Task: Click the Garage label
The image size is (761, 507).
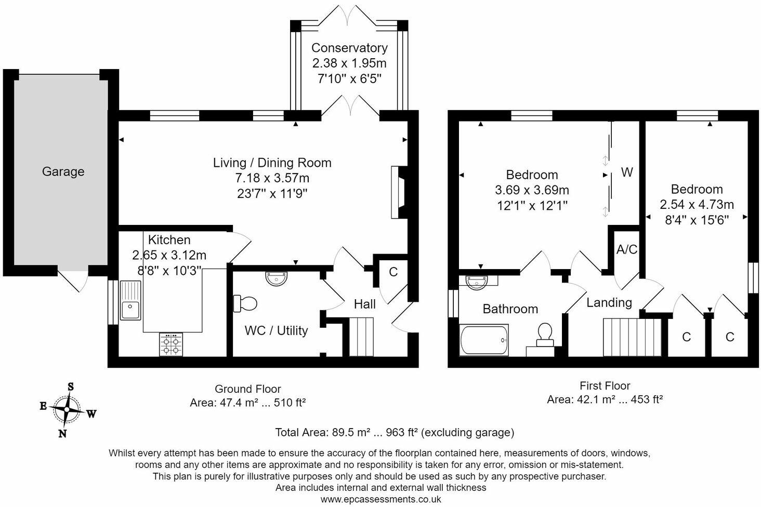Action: (x=63, y=171)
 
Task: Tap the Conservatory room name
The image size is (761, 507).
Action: (x=349, y=48)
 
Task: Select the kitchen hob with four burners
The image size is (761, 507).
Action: (x=172, y=344)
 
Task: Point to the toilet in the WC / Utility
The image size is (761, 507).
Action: (x=245, y=303)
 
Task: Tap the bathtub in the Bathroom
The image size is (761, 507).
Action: (x=484, y=340)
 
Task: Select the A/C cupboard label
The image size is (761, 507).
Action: (x=626, y=250)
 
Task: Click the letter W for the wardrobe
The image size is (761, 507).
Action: (x=627, y=172)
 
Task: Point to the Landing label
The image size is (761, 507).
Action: (x=609, y=302)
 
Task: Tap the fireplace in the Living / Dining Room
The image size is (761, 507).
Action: (x=399, y=192)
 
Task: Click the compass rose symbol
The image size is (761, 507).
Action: (x=67, y=409)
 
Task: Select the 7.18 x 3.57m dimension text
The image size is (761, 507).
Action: (x=272, y=178)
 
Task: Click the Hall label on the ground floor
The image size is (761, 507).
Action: (x=364, y=304)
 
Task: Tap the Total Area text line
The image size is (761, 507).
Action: (x=394, y=432)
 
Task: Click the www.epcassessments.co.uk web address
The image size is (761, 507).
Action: (x=381, y=499)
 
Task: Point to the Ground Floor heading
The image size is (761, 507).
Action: (x=248, y=389)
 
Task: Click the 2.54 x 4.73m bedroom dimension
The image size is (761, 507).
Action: (x=697, y=205)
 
